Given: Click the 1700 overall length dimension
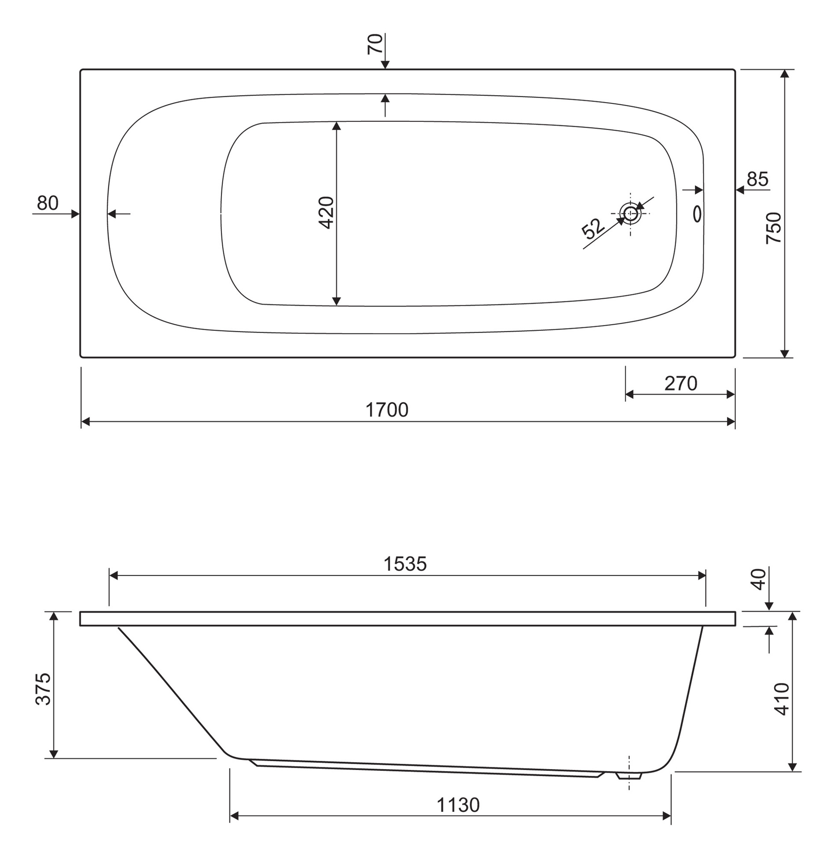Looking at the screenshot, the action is point(387,410).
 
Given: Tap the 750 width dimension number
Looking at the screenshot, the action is point(774,228).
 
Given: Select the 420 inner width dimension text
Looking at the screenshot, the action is point(326,213).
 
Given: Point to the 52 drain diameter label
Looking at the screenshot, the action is point(593,228).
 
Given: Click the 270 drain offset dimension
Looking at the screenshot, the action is point(681,384).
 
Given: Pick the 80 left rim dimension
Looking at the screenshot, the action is point(48,203).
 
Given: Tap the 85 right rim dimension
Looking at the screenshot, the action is point(758,179).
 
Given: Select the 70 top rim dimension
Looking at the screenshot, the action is point(375,44).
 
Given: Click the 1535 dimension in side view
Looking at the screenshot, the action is point(405,564).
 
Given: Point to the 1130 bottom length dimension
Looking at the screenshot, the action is point(458,805).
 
